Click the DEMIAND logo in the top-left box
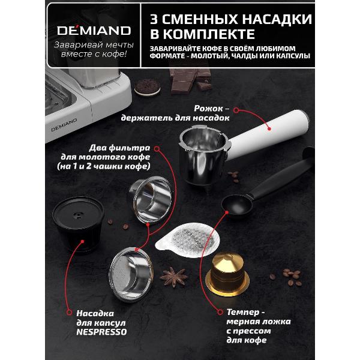(x=94, y=31)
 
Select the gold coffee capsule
(x=227, y=275)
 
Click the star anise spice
(x=173, y=277)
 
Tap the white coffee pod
(x=188, y=240)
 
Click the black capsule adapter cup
(x=78, y=224)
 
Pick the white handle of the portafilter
(x=268, y=135)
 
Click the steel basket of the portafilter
(x=203, y=154)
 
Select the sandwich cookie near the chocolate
(x=147, y=88)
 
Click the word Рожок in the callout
(x=208, y=109)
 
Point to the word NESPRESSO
(x=101, y=332)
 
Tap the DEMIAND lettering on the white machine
(x=64, y=125)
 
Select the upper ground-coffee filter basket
(x=150, y=200)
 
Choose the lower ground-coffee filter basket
(x=131, y=274)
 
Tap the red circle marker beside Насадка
(x=69, y=313)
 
